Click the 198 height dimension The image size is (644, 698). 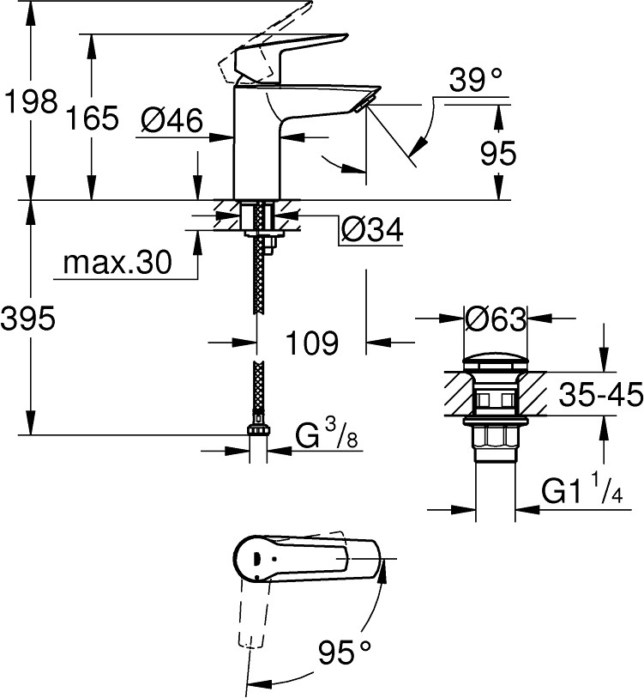click(29, 103)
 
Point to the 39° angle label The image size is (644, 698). click(474, 82)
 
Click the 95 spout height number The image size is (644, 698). click(497, 154)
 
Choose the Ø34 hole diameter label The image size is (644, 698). click(371, 229)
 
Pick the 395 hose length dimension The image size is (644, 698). click(29, 319)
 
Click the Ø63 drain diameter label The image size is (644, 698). click(495, 319)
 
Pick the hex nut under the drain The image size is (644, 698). click(496, 440)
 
